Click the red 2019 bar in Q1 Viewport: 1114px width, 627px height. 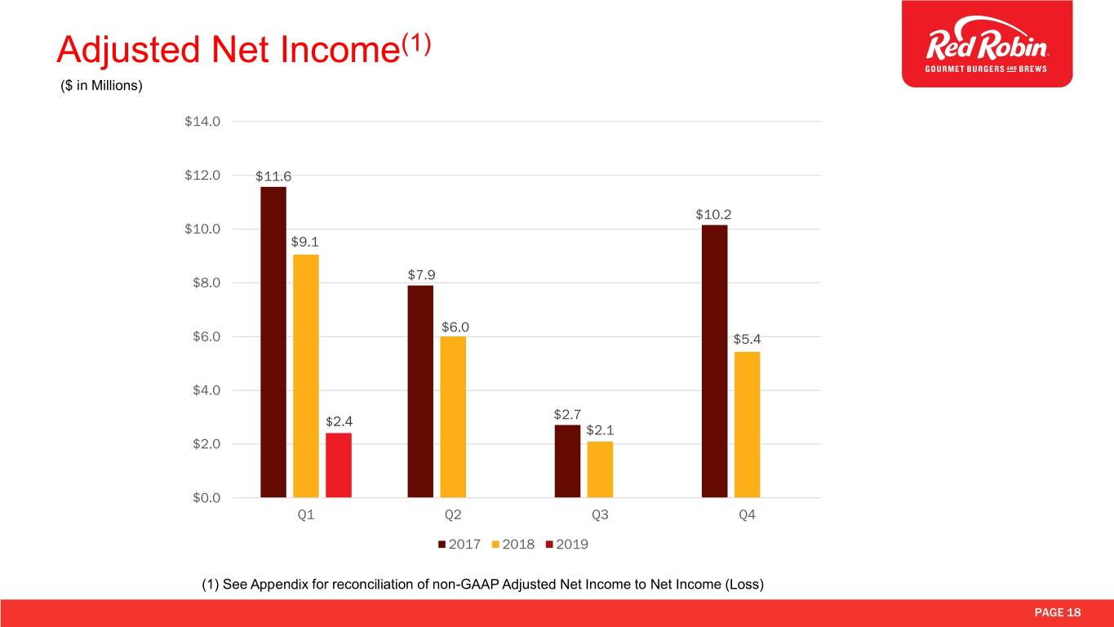tap(339, 465)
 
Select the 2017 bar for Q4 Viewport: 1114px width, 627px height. tap(714, 361)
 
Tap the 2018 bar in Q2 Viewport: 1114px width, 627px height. tap(453, 416)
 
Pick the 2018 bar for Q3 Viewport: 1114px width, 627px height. tap(600, 469)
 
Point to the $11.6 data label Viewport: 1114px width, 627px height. tap(273, 176)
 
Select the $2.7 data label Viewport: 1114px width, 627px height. tap(567, 414)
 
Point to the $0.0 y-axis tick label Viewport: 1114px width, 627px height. tap(204, 497)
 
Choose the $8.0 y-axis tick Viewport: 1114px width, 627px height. tap(204, 283)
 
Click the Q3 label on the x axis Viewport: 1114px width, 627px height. tap(600, 516)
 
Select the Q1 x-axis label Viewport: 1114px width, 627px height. tap(306, 516)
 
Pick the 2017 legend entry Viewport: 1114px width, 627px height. tap(459, 545)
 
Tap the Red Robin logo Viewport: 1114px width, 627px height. tap(987, 43)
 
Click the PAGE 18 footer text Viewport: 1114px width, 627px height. tap(1059, 613)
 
